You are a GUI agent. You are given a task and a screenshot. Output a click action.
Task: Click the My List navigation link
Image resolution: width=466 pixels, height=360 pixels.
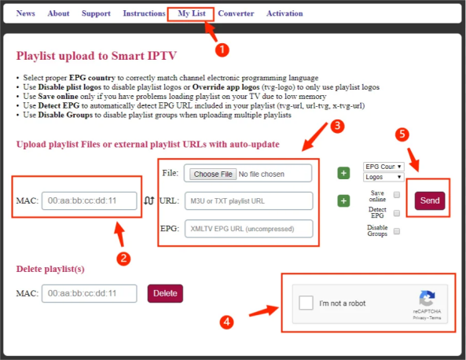[x=192, y=13]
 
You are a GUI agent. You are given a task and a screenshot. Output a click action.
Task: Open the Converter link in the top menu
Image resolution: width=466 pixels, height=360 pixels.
[x=236, y=13]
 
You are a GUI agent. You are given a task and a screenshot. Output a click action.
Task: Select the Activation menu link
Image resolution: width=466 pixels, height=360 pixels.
[x=284, y=13]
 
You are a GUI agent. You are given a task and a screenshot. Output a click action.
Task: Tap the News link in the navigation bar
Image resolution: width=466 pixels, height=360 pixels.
[x=26, y=13]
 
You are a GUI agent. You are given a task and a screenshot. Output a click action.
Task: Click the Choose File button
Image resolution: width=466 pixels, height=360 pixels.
[x=213, y=174]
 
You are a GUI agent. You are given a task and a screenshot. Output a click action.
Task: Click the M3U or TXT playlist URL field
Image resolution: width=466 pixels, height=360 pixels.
[x=249, y=201]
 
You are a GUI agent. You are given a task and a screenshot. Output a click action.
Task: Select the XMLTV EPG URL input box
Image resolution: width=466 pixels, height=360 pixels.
[x=249, y=229]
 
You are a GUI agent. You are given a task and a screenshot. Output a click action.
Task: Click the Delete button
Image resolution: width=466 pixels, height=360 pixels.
[x=165, y=293]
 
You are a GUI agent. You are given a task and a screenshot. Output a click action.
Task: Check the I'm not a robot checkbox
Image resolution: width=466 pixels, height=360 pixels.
[x=306, y=303]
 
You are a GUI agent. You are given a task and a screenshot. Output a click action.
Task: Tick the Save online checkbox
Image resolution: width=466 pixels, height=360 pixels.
[x=397, y=195]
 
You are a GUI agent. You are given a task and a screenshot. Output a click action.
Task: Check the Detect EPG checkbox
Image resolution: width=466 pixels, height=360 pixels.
[x=397, y=213]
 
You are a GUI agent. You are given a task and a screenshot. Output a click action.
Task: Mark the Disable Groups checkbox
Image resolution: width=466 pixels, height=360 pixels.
[x=397, y=231]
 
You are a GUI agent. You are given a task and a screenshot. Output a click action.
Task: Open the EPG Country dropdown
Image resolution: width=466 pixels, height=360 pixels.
[x=383, y=167]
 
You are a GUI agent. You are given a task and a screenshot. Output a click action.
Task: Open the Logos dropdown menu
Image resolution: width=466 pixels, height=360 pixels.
[x=383, y=177]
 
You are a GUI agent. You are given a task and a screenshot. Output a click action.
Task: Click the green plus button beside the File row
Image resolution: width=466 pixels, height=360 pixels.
[x=343, y=173]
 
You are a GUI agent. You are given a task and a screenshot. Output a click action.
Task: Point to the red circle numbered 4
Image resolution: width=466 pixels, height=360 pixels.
[x=226, y=322]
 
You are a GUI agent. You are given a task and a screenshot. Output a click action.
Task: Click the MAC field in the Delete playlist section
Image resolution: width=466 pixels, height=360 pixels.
[x=89, y=293]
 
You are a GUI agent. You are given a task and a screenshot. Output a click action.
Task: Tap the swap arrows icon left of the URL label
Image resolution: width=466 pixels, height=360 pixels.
[x=149, y=201]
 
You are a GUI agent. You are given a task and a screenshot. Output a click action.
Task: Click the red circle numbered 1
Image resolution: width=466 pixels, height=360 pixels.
[x=222, y=50]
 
